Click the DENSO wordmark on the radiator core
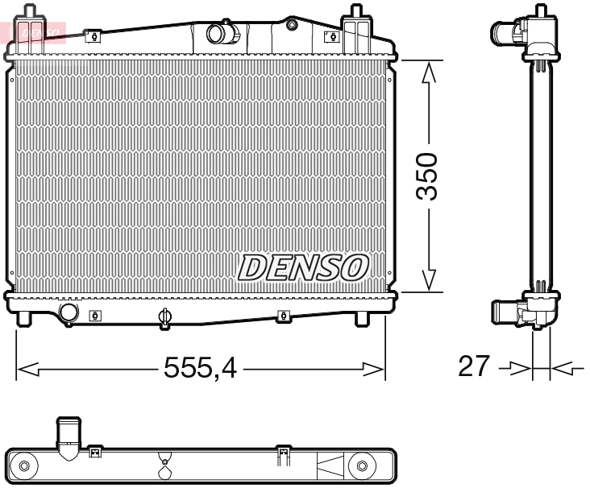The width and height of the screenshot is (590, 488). pos(303,267)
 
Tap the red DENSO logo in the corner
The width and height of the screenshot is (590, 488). pos(32,31)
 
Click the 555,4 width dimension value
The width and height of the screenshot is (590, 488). pos(200,368)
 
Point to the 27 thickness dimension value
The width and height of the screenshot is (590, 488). pos(473,366)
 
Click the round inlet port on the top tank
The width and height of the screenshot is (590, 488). pos(218,34)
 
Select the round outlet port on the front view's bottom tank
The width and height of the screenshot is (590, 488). pos(69,312)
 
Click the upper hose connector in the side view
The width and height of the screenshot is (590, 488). pos(506,34)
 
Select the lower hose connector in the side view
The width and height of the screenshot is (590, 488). pos(506,312)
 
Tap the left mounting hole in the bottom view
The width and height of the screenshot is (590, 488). pos(24,466)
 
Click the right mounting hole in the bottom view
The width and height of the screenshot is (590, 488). pos(362,466)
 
